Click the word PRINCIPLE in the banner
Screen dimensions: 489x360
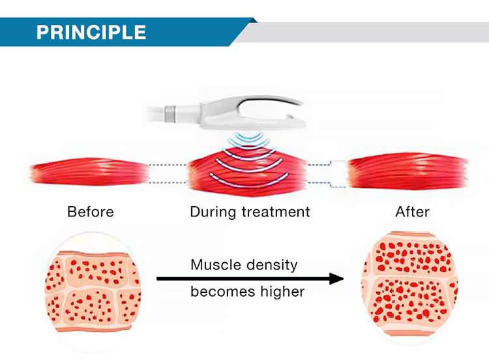click(91, 32)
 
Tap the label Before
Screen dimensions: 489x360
click(91, 212)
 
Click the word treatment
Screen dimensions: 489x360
click(276, 212)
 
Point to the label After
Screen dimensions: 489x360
click(412, 212)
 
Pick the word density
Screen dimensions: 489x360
click(271, 265)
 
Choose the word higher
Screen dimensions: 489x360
click(282, 292)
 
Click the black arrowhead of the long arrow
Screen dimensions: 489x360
click(336, 278)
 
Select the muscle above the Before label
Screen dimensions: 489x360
click(90, 172)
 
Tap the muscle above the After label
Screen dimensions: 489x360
click(408, 171)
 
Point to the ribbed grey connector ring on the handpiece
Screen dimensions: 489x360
click(170, 114)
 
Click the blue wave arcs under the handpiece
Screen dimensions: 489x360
click(248, 140)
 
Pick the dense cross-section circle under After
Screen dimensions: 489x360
click(409, 284)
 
